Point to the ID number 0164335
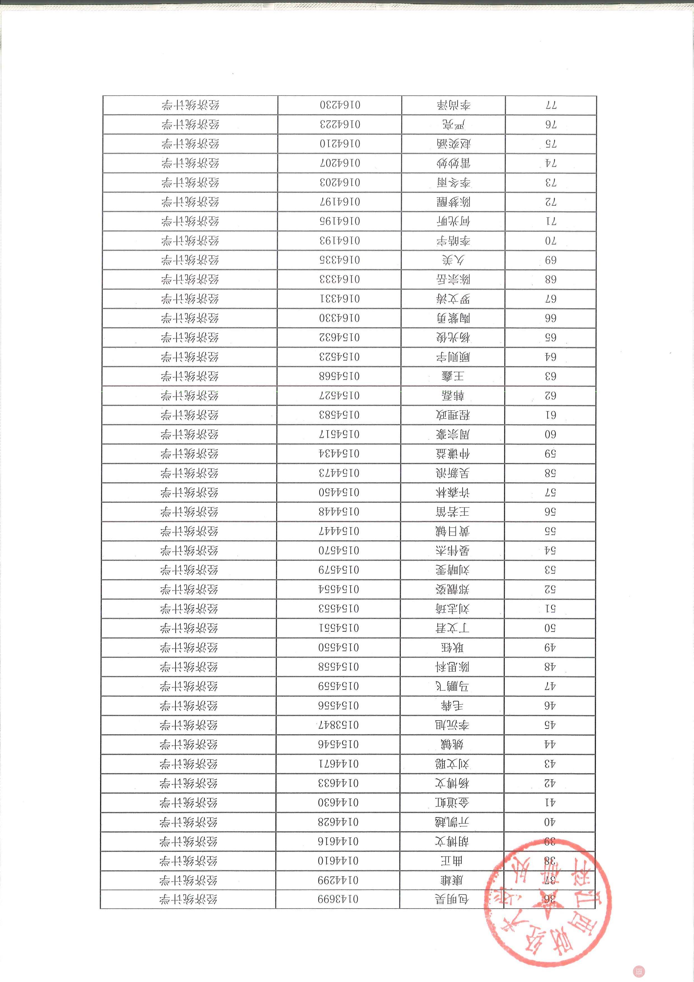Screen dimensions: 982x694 pos(340,260)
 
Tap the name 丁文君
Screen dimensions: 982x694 pos(452,628)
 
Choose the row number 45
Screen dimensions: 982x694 pos(550,725)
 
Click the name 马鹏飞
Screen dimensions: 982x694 pos(452,686)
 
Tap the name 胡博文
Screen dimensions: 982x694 pos(452,841)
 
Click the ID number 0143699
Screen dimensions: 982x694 pos(338,899)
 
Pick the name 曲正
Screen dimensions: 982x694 pos(452,861)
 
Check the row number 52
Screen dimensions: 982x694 pos(550,589)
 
